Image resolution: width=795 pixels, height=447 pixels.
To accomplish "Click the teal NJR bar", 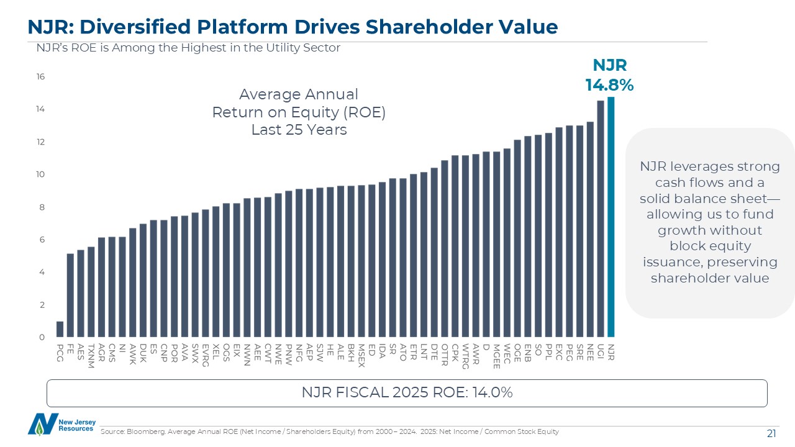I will point(611,217).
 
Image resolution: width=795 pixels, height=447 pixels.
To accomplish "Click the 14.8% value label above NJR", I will point(609,85).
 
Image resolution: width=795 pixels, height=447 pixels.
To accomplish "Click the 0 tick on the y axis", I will point(42,337).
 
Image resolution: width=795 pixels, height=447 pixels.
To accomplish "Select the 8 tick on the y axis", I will point(42,207).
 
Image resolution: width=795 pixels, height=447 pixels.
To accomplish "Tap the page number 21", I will point(771,433).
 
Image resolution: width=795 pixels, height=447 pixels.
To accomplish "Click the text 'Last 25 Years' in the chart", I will point(299,130).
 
